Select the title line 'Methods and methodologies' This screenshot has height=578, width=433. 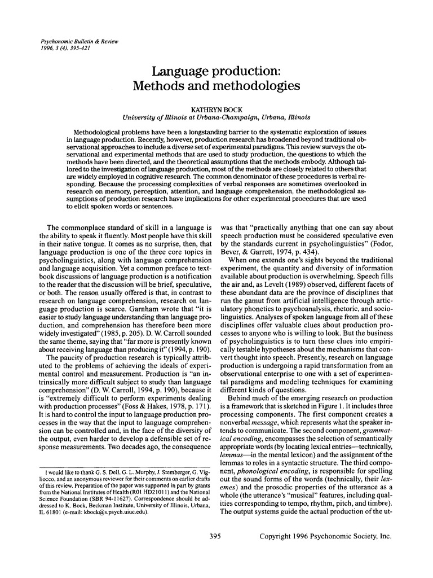coord(216,86)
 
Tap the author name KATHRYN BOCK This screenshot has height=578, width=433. coord(216,108)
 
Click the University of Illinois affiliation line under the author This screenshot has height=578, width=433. coord(216,117)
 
